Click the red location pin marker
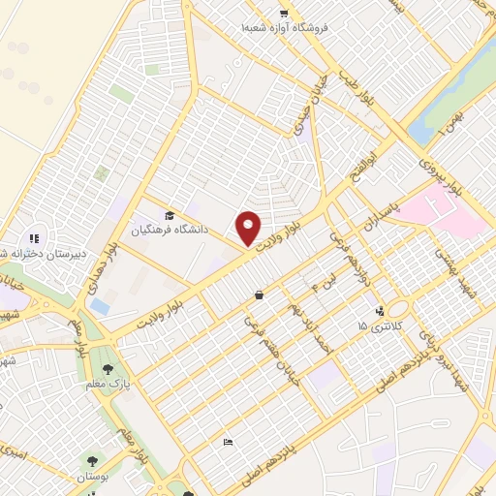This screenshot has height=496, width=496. point(249,228)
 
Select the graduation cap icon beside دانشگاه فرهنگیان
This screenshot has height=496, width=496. point(170,216)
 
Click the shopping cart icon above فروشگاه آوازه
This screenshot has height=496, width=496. point(283,14)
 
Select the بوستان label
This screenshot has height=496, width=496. point(92,478)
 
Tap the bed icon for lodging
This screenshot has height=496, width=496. point(228,443)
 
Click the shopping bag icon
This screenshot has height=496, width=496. point(259,294)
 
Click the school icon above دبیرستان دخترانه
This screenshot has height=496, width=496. point(33,238)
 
